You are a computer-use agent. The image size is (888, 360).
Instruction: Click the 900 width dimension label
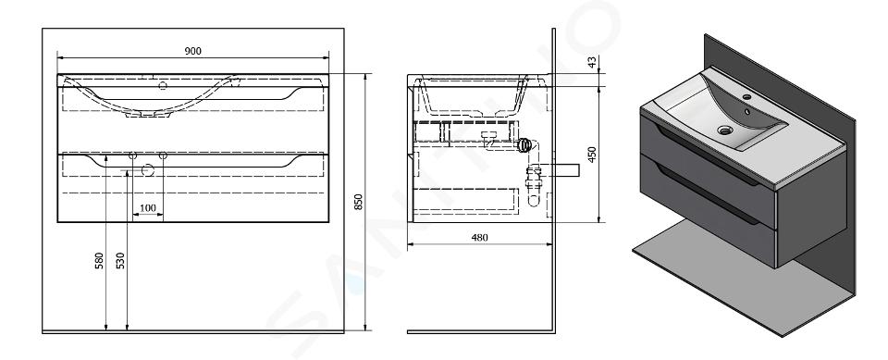192,51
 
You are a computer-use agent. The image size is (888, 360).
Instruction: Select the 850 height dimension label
358,202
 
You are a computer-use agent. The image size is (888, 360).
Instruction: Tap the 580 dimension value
99,260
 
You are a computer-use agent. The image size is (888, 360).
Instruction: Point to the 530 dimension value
120,260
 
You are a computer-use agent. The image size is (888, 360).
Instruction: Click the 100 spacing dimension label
148,208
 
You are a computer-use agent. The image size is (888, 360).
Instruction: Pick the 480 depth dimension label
479,238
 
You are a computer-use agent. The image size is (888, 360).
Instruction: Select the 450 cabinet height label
592,155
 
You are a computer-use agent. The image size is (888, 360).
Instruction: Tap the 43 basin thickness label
592,62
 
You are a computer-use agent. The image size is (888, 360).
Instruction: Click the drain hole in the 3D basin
725,130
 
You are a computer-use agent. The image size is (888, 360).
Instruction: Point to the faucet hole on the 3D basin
746,97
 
